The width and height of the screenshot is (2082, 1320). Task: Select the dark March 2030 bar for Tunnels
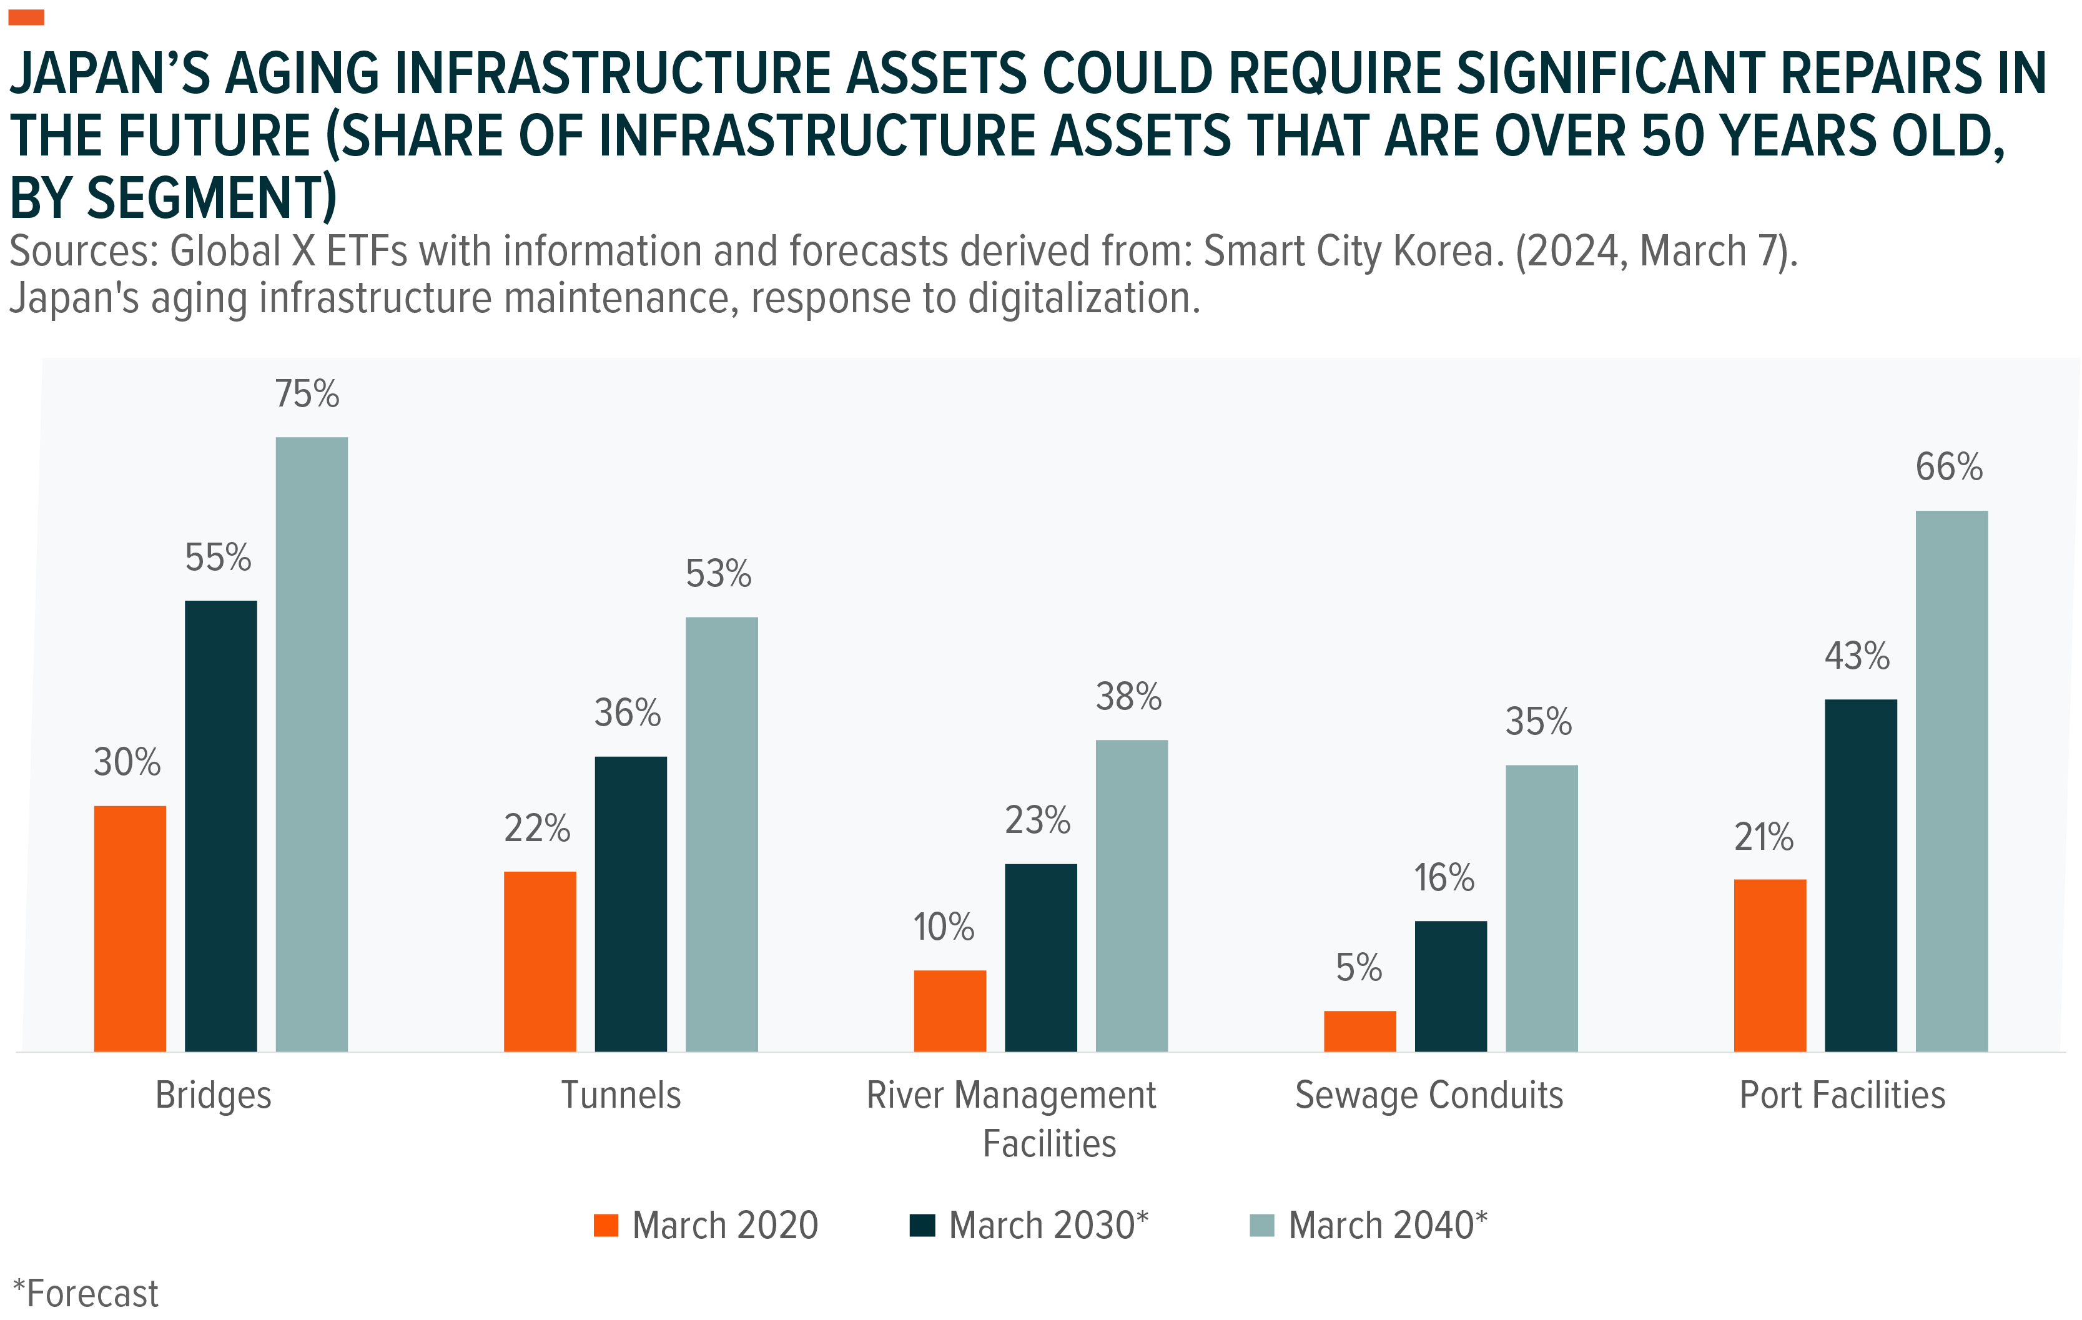point(630,904)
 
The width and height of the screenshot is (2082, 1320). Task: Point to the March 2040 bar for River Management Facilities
point(1131,895)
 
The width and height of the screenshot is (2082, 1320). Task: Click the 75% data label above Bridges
point(307,394)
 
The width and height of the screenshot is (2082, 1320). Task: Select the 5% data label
point(1358,967)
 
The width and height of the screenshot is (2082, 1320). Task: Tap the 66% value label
point(1949,467)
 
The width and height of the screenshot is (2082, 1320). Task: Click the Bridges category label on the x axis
point(214,1095)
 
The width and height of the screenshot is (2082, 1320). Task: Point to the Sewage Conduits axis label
point(1429,1095)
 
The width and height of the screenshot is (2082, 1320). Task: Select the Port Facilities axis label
point(1842,1095)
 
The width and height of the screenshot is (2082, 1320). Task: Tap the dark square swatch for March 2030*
point(922,1226)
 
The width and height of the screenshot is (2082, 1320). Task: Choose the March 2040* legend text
point(1387,1226)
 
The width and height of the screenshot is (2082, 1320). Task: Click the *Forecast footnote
point(86,1294)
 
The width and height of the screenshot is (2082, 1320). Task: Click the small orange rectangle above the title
point(26,17)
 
